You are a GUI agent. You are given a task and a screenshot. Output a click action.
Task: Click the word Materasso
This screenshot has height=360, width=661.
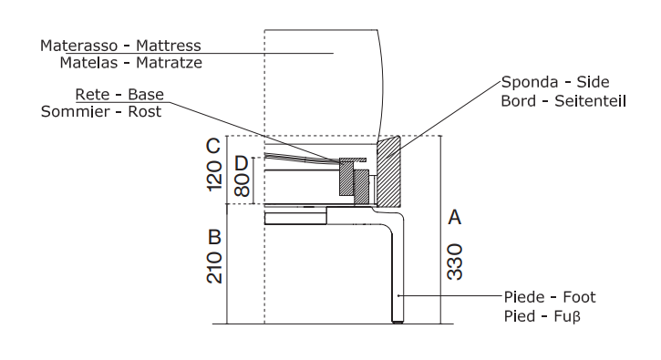[78, 46]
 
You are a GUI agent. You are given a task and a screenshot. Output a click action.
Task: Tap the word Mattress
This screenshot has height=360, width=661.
[169, 46]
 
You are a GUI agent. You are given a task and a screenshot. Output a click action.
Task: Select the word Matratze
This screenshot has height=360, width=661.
[169, 63]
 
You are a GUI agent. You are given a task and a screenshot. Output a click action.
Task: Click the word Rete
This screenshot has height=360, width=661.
[92, 95]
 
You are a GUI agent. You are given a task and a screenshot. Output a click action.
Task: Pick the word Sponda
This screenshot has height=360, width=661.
[530, 82]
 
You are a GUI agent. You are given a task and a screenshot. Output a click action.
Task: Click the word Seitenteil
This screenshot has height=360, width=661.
[590, 101]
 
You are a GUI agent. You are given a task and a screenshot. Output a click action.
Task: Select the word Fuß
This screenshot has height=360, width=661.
[567, 316]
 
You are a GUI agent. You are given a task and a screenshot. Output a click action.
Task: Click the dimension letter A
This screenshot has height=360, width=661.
[454, 218]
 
